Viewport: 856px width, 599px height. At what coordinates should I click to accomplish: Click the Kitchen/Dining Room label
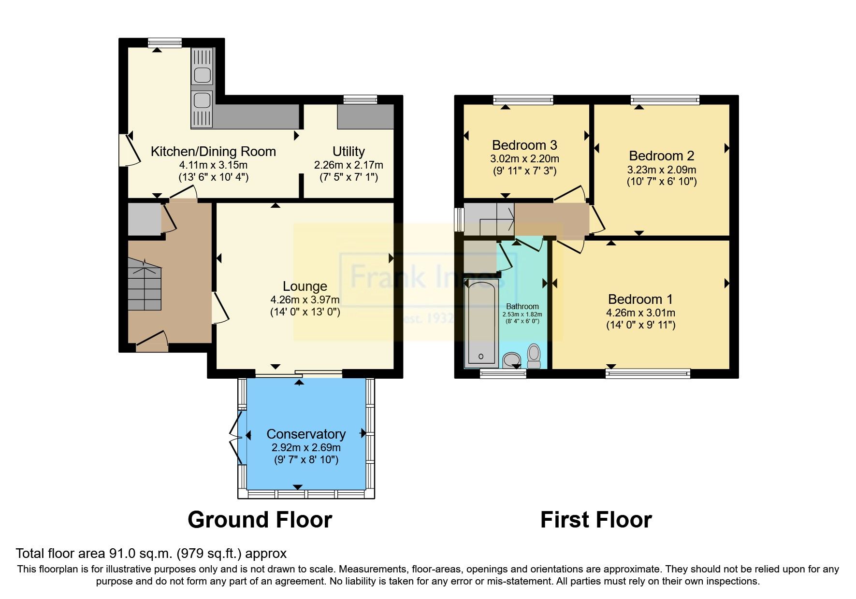coord(213,152)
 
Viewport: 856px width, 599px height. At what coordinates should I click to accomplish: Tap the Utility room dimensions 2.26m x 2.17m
coord(348,165)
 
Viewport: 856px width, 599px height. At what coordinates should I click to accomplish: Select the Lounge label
coord(305,286)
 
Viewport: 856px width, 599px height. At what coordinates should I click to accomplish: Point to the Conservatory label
coord(306,434)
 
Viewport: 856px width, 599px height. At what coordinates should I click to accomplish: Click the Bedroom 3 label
coord(524,145)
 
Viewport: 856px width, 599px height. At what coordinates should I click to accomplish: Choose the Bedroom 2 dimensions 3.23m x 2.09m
coord(661,170)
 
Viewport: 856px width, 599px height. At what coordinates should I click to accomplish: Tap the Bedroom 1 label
coord(640,299)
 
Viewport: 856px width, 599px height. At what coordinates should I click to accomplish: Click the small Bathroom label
coord(522,306)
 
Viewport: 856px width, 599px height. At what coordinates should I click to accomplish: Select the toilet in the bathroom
coord(534,356)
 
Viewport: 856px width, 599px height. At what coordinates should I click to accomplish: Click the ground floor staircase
coord(145,285)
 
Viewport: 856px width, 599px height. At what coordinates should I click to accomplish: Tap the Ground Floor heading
coord(260,520)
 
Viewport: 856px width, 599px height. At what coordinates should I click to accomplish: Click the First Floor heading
coord(595,520)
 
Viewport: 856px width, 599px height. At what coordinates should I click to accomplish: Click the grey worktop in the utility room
coord(365,116)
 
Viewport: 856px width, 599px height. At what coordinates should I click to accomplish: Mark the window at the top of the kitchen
coord(164,43)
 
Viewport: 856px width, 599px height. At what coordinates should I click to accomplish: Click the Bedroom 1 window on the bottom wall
coord(648,373)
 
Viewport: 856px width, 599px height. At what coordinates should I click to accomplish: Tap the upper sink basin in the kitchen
coord(202,75)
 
